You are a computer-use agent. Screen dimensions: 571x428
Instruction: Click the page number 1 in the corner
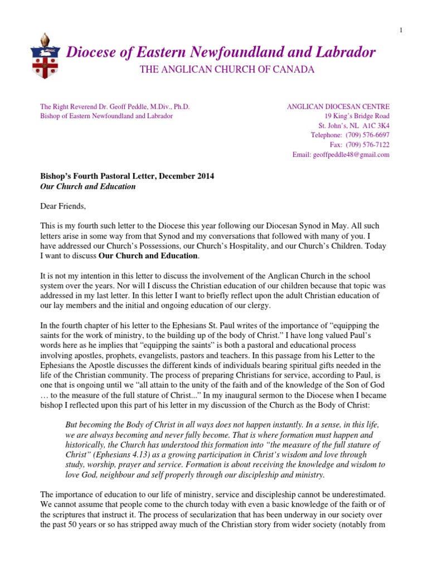[x=401, y=30]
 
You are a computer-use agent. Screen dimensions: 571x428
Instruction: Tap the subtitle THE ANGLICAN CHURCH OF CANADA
[x=218, y=70]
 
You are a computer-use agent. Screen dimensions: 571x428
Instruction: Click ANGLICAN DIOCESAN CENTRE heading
[x=338, y=106]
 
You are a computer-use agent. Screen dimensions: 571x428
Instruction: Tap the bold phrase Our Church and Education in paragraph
[x=148, y=255]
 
